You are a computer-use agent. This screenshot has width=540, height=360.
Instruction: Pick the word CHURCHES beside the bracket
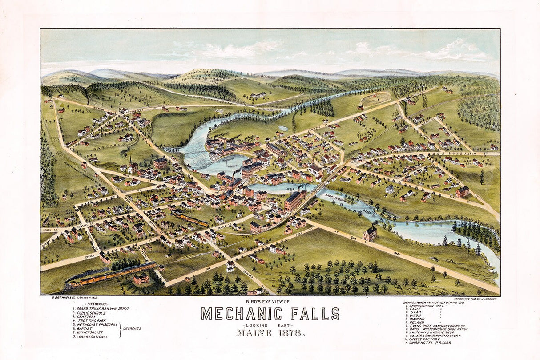point(133,328)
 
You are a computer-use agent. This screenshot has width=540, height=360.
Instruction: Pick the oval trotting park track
point(375,98)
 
